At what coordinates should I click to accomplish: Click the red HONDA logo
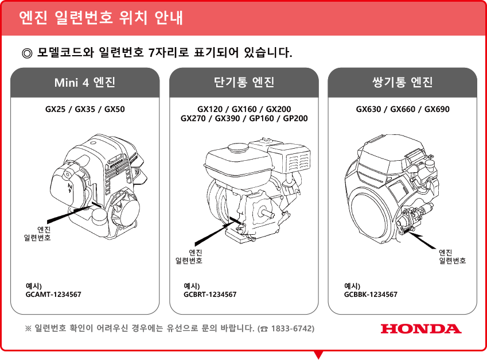[421, 328]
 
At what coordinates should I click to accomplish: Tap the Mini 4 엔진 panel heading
[85, 82]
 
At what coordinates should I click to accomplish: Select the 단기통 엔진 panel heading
[244, 82]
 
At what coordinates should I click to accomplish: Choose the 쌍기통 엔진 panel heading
[402, 82]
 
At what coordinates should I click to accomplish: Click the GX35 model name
[85, 109]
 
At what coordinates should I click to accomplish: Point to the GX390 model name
[227, 118]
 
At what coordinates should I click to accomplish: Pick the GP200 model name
[295, 118]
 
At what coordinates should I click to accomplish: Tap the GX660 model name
[403, 109]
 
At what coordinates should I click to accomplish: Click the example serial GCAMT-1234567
[53, 295]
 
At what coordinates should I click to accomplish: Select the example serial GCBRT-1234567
[210, 295]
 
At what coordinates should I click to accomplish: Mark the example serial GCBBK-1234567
[371, 295]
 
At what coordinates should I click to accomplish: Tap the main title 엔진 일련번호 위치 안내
[101, 17]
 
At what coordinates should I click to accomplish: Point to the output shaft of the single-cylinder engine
[268, 213]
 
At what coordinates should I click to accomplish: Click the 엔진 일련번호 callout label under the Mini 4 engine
[38, 234]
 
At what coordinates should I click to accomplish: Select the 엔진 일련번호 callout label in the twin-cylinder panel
[452, 257]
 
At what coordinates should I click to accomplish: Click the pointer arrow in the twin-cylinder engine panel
[422, 239]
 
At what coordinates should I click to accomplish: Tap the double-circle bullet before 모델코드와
[27, 53]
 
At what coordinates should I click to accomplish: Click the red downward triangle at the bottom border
[318, 354]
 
